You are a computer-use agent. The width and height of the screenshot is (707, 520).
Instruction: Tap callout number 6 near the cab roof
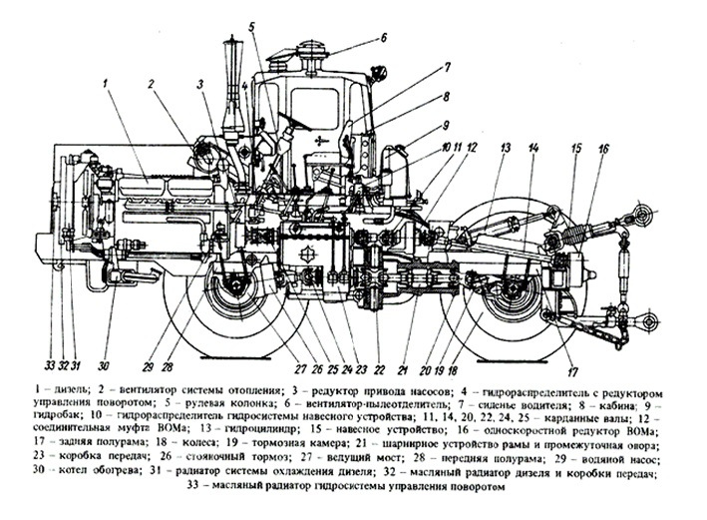pos(383,39)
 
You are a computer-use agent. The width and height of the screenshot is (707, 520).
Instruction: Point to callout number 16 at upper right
pos(603,148)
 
